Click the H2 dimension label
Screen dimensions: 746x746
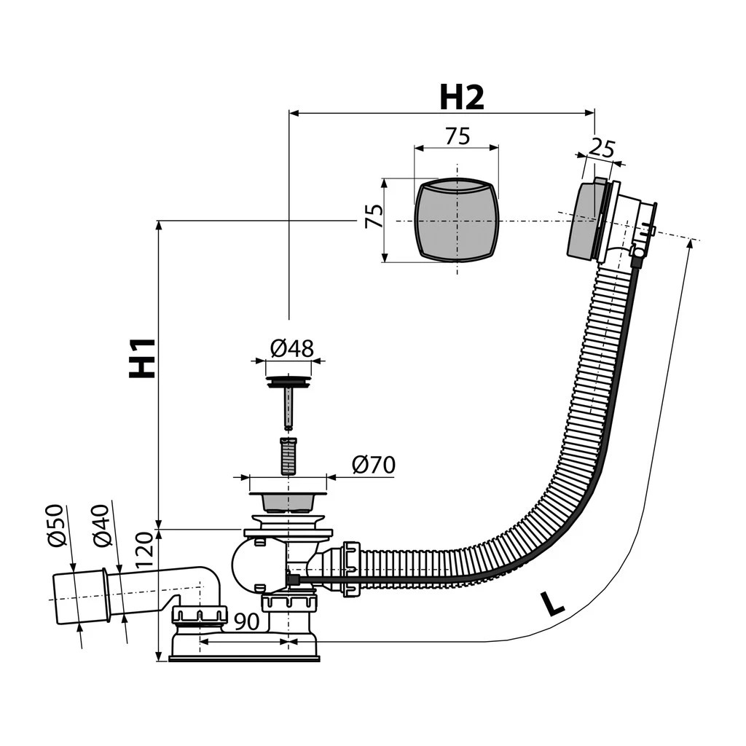coord(461,97)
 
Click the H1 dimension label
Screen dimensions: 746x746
coord(143,358)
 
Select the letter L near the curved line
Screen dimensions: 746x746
coord(554,604)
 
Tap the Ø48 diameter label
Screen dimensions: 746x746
coord(291,349)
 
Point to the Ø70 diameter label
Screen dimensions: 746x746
coord(373,465)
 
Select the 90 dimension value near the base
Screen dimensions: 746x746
coord(248,622)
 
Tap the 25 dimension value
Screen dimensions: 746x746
coord(602,148)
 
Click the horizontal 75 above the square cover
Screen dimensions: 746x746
coord(457,136)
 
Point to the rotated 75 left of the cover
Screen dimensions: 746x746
coord(374,216)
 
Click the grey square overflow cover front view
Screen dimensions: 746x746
coord(457,219)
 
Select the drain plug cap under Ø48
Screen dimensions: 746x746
coord(288,381)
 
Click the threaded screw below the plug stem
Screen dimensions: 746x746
coord(288,455)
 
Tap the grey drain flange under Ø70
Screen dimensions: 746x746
coord(288,502)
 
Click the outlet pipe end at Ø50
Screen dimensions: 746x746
coord(76,598)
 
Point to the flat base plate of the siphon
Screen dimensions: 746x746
coord(244,659)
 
